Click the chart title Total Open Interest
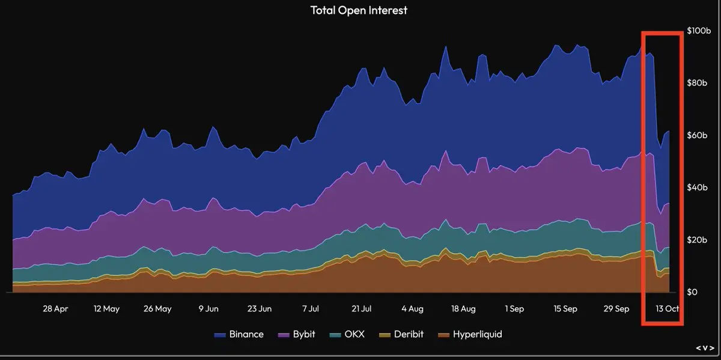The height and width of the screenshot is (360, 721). pyautogui.click(x=358, y=10)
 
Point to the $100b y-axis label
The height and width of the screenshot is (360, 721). pyautogui.click(x=699, y=30)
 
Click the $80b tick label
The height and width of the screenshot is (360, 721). pyautogui.click(x=698, y=83)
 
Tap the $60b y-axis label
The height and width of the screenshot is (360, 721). pyautogui.click(x=698, y=135)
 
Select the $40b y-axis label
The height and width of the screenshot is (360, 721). pyautogui.click(x=698, y=188)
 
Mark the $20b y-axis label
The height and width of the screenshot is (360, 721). pyautogui.click(x=698, y=240)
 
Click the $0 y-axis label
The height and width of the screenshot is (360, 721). pyautogui.click(x=694, y=292)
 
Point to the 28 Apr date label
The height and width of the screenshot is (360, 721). pyautogui.click(x=55, y=309)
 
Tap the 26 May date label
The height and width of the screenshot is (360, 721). pyautogui.click(x=157, y=309)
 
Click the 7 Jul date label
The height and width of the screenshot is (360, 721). pyautogui.click(x=310, y=309)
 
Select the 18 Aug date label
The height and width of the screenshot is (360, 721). pyautogui.click(x=463, y=309)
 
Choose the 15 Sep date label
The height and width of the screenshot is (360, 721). pyautogui.click(x=565, y=309)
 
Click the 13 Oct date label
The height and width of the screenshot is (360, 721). pyautogui.click(x=667, y=309)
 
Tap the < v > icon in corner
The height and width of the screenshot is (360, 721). pyautogui.click(x=705, y=349)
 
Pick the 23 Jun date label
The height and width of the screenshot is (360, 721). pyautogui.click(x=259, y=309)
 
